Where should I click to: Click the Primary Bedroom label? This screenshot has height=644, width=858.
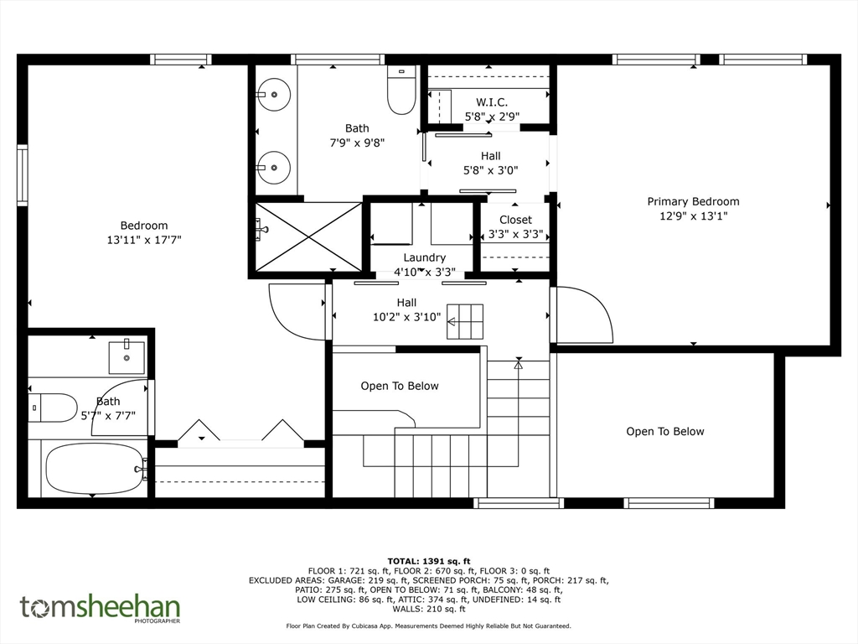coord(693,201)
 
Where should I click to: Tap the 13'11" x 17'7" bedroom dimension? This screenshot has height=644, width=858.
coord(144,240)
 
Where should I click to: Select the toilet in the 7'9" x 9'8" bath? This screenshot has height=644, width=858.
coord(401,91)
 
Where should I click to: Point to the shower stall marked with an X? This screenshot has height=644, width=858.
coord(308,236)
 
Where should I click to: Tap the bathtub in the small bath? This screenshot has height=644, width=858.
coord(94,469)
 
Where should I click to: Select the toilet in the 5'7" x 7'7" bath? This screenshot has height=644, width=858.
coord(52,408)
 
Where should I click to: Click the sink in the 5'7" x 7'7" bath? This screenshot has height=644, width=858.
coord(127,357)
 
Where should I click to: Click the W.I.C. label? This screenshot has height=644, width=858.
coord(492,102)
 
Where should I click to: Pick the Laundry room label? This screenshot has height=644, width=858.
coord(424,257)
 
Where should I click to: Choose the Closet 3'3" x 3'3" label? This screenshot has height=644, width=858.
coord(515,220)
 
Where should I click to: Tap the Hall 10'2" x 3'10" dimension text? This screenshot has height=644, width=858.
coord(406,317)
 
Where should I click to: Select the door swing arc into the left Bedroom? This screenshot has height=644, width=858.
coord(295,312)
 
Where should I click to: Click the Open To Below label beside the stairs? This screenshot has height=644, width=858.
coord(400,386)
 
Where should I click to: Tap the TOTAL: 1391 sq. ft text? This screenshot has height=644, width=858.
coord(429,561)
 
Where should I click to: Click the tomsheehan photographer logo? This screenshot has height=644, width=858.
coord(100,608)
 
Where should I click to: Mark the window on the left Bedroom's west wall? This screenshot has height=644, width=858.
coord(23,175)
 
